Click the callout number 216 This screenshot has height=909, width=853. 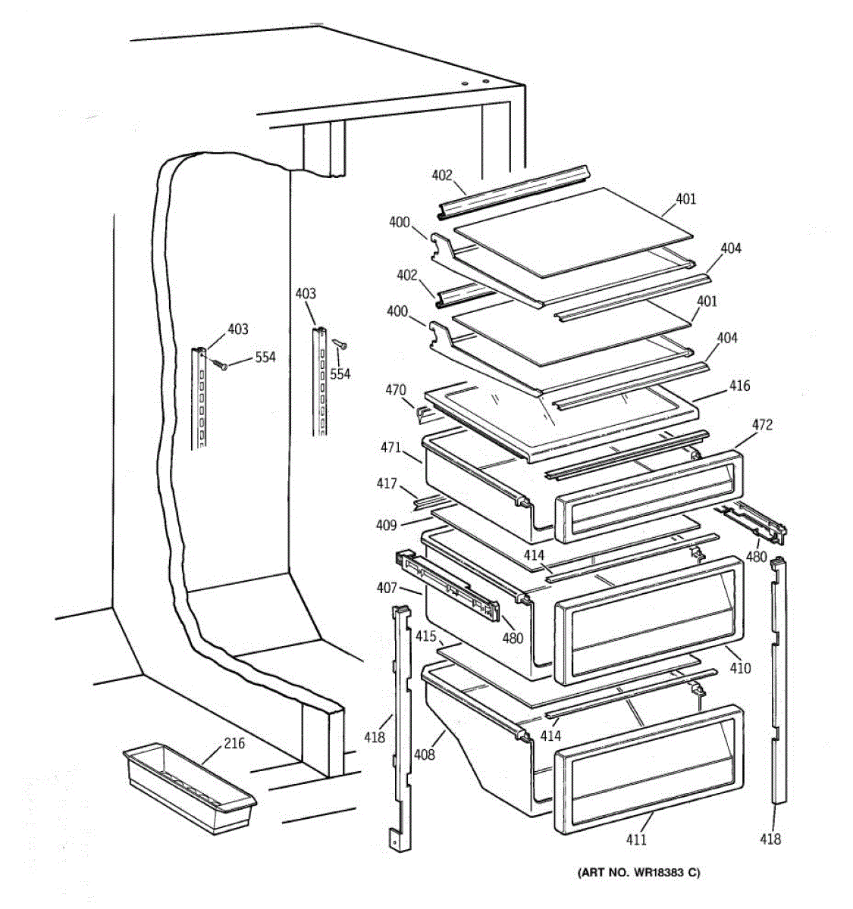click(x=234, y=743)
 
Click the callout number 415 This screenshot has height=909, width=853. click(x=425, y=637)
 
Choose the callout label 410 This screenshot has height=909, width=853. click(x=740, y=668)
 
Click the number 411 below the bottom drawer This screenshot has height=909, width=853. click(x=635, y=839)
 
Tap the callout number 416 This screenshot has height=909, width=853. click(x=739, y=386)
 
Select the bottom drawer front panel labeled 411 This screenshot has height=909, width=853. click(x=648, y=770)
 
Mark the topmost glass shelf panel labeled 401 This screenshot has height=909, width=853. click(x=573, y=231)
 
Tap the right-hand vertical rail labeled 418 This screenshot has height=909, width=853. click(x=778, y=682)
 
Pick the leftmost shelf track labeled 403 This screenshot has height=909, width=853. click(x=200, y=398)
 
